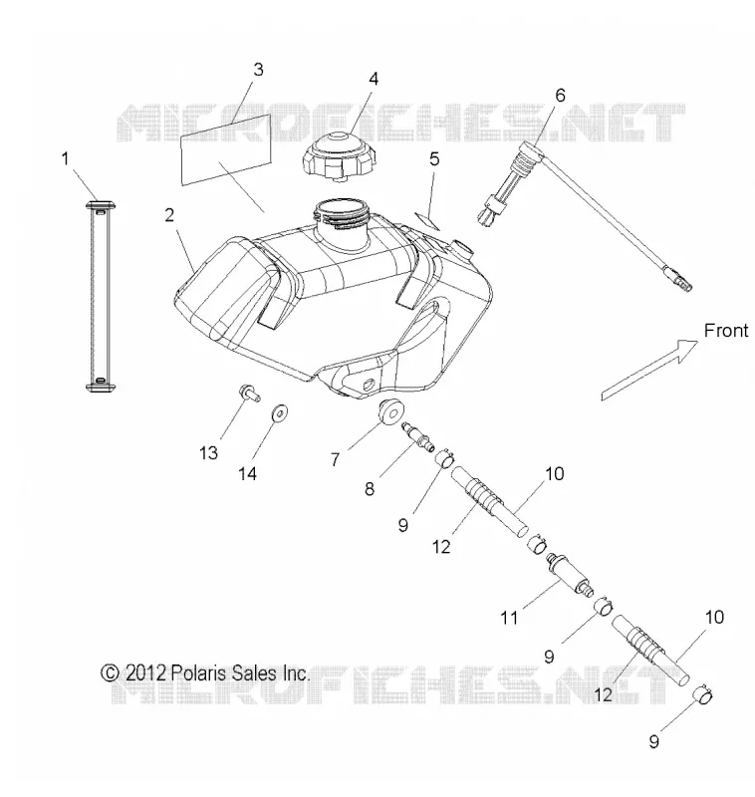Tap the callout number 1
pos(65,159)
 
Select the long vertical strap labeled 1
pos(101,297)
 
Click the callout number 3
pos(259,70)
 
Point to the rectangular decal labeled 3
pos(226,148)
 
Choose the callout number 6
pos(560,95)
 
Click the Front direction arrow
pos(649,370)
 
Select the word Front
pos(726,331)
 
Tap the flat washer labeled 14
pos(279,412)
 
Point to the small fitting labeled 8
pos(418,436)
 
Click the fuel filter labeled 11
pos(570,575)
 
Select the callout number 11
pos(509,618)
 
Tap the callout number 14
pos(247,474)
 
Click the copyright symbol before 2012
pos(110,673)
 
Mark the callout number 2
pos(169,215)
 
